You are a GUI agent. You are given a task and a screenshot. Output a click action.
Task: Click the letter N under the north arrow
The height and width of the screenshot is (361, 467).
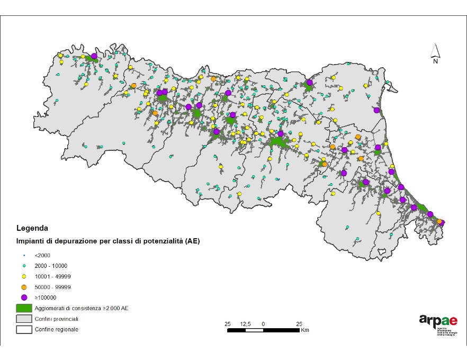[x=435, y=61]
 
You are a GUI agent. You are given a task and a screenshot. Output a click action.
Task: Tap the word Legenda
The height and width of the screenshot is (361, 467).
[x=32, y=229]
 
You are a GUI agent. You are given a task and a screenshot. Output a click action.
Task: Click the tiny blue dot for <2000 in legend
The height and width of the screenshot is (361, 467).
[x=24, y=255]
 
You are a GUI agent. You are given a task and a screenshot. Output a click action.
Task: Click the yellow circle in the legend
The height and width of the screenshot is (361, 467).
[x=24, y=276]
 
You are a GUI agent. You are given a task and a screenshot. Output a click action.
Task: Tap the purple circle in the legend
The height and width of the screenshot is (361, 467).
[x=24, y=297]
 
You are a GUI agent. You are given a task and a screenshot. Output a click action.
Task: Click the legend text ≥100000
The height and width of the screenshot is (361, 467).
[x=46, y=297]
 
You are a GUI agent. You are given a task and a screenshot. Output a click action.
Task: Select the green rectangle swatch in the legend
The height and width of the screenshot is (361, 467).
[x=24, y=308]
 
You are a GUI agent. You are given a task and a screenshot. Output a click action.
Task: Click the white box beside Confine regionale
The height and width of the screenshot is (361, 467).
[x=24, y=330]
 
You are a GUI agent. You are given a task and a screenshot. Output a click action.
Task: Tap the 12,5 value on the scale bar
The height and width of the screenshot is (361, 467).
[x=245, y=323]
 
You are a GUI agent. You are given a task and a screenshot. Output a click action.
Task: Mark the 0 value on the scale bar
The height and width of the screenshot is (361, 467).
[x=263, y=323]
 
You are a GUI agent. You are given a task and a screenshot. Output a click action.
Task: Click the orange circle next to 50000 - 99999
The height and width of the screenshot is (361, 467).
[x=24, y=287]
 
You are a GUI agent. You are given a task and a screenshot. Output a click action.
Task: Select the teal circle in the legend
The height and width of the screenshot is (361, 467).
[x=24, y=266]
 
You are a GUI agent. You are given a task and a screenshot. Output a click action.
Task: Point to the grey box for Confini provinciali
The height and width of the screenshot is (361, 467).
[x=24, y=319]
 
